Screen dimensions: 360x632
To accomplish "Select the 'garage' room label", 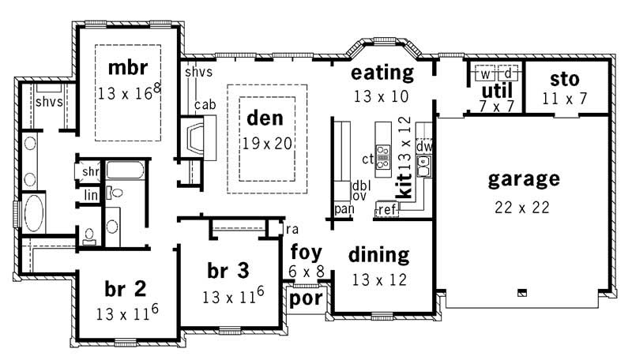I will click(524, 178).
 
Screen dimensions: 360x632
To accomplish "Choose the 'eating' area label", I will click(382, 73).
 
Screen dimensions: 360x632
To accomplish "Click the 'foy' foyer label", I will click(306, 253).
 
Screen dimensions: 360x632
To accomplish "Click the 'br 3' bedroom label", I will click(228, 271).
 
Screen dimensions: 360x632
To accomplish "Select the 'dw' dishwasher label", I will click(424, 146).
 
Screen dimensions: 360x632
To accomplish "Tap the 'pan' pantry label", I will click(343, 209).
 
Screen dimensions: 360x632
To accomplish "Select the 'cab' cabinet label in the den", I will click(205, 104).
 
